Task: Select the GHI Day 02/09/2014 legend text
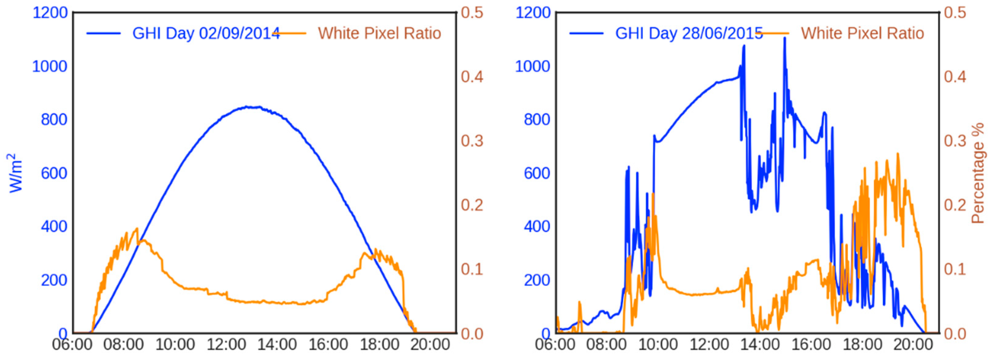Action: (206, 33)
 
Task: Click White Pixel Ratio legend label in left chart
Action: (379, 33)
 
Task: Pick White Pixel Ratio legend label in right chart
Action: (862, 33)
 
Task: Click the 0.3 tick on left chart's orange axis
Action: (472, 141)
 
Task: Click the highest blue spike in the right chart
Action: (785, 38)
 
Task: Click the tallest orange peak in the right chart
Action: (898, 153)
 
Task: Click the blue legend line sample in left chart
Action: (104, 33)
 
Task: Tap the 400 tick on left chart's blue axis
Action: (54, 227)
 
